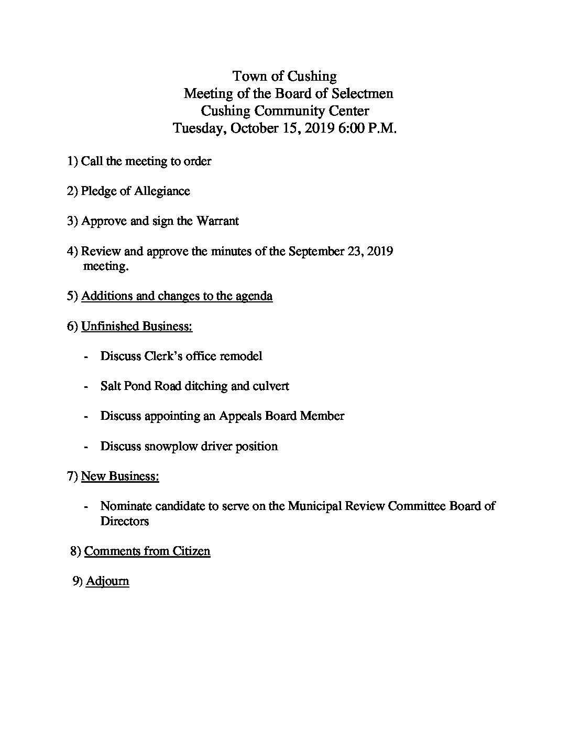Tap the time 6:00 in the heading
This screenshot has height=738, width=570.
coord(355,128)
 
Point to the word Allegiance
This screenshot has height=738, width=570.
coord(162,191)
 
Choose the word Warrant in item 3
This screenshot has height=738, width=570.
coord(217,221)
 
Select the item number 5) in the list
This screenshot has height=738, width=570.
coord(72,296)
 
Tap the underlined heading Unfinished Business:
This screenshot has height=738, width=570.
coord(137,326)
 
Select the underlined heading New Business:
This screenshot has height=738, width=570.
coord(120,476)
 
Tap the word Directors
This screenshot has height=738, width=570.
coord(125,521)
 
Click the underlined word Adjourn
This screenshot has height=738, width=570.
coord(107,581)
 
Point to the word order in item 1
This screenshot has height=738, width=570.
coord(198,161)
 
